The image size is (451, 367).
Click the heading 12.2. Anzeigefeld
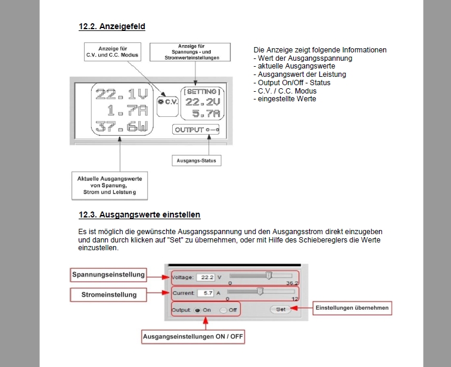pyautogui.click(x=111, y=26)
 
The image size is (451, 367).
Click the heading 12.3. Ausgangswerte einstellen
pyautogui.click(x=139, y=214)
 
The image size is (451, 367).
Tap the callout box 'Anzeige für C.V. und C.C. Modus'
pyautogui.click(x=112, y=51)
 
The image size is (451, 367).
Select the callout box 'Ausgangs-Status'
pyautogui.click(x=196, y=160)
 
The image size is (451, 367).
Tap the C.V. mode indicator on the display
pyautogui.click(x=169, y=101)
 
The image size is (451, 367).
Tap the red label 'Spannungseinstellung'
pyautogui.click(x=108, y=275)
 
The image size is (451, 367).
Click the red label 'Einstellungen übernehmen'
pyautogui.click(x=352, y=308)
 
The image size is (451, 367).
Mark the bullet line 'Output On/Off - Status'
pyautogui.click(x=291, y=83)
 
